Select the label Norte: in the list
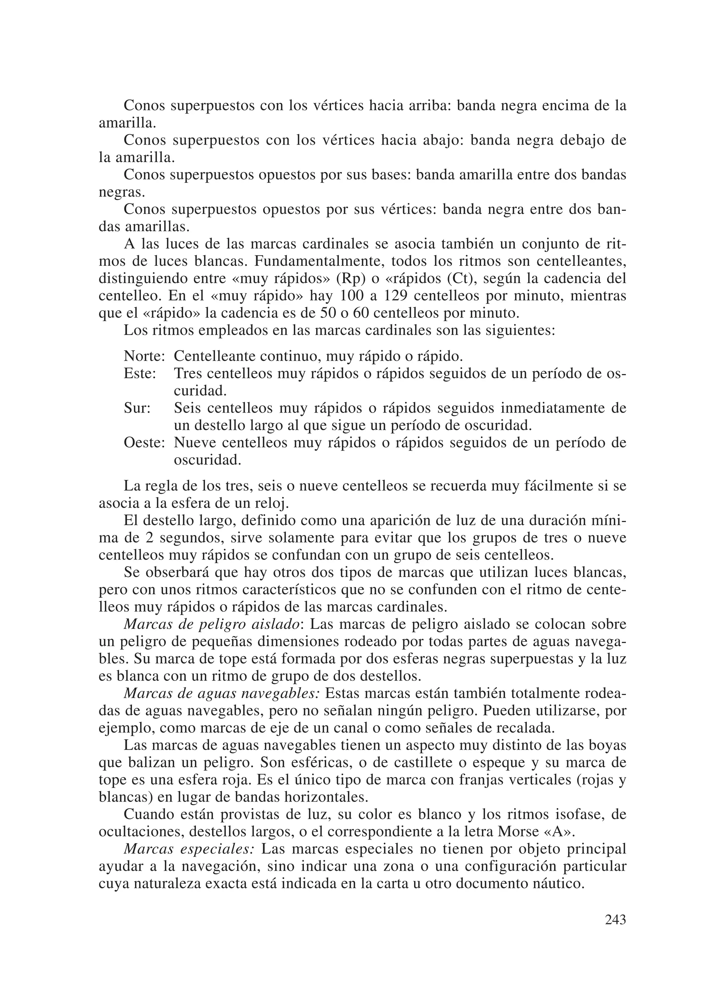pos(144,356)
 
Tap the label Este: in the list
pos(140,374)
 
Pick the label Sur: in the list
pos(137,408)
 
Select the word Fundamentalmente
pos(320,261)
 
